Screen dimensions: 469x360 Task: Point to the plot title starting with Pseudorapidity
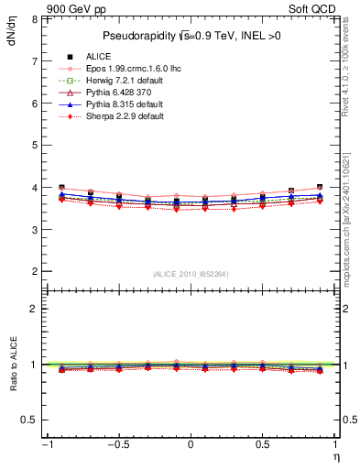click(x=191, y=36)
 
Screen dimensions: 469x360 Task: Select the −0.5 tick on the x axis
click(x=117, y=444)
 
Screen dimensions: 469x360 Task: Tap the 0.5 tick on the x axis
click(x=263, y=444)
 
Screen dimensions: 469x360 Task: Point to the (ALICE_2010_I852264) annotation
click(x=191, y=274)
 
